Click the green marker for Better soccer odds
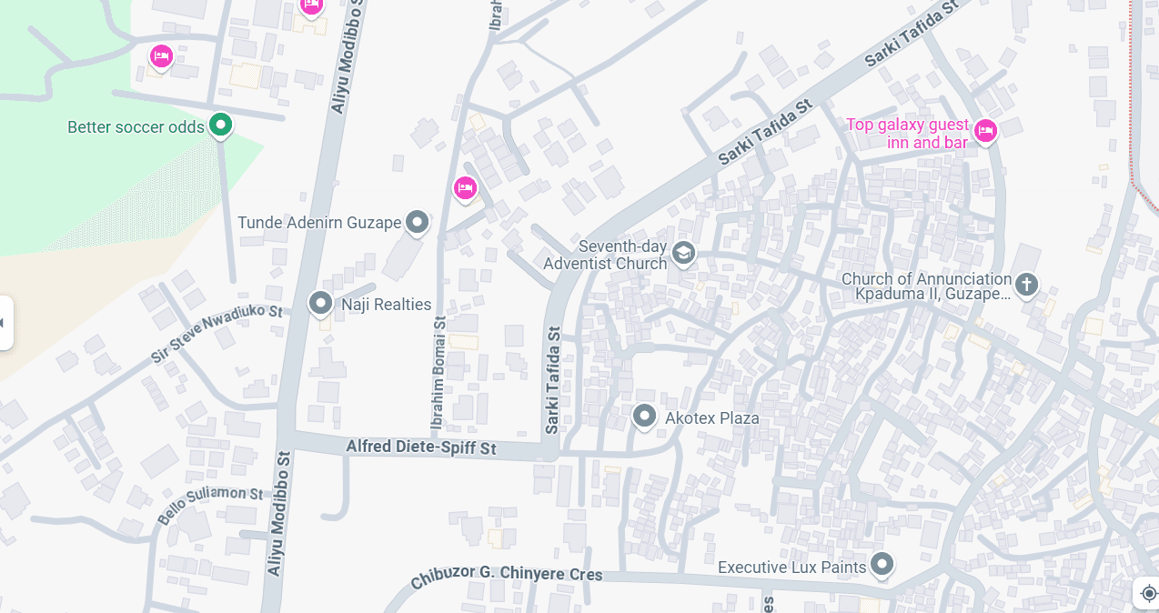click(220, 125)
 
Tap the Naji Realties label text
click(386, 305)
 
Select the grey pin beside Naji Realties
click(320, 303)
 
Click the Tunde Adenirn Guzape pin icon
click(417, 221)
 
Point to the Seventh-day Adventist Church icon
click(683, 254)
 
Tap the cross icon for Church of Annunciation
click(1026, 285)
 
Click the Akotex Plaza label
click(712, 418)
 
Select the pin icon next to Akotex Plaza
click(644, 417)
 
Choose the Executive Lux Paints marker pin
click(881, 565)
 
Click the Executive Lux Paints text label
click(791, 568)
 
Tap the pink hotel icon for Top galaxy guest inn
click(984, 132)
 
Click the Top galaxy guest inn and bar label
click(908, 134)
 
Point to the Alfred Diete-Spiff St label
click(421, 448)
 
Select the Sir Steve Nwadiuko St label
click(217, 334)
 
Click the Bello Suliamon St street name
click(210, 505)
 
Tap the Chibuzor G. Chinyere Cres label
click(507, 576)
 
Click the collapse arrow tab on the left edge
click(5, 323)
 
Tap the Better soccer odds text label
click(136, 127)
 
